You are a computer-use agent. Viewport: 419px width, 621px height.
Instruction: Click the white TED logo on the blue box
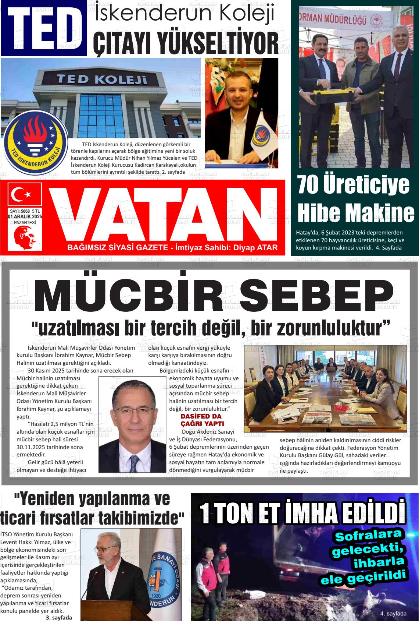[44, 28]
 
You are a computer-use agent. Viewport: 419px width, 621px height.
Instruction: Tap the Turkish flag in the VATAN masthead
[25, 195]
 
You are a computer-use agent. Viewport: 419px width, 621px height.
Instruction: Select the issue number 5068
[25, 211]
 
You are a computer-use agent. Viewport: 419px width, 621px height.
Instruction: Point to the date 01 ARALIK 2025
[25, 217]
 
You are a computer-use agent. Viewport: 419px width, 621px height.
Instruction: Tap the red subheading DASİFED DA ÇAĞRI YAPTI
[202, 420]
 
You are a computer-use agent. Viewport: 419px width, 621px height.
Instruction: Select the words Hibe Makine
[355, 213]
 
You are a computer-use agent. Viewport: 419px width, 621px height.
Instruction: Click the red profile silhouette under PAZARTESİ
[24, 238]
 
